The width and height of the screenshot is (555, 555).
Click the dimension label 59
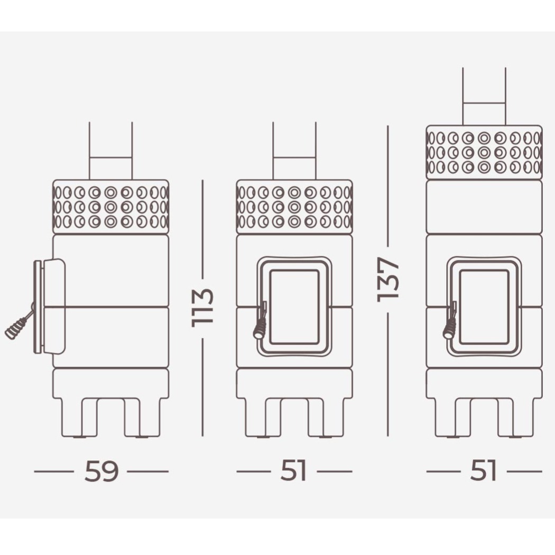(101, 471)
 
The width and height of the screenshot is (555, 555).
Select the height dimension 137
(388, 280)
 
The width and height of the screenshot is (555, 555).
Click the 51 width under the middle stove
(293, 471)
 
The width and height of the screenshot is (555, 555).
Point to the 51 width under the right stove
(484, 471)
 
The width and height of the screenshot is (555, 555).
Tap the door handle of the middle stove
(260, 321)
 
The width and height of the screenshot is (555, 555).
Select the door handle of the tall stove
(449, 321)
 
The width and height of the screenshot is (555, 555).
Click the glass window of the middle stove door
(294, 307)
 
